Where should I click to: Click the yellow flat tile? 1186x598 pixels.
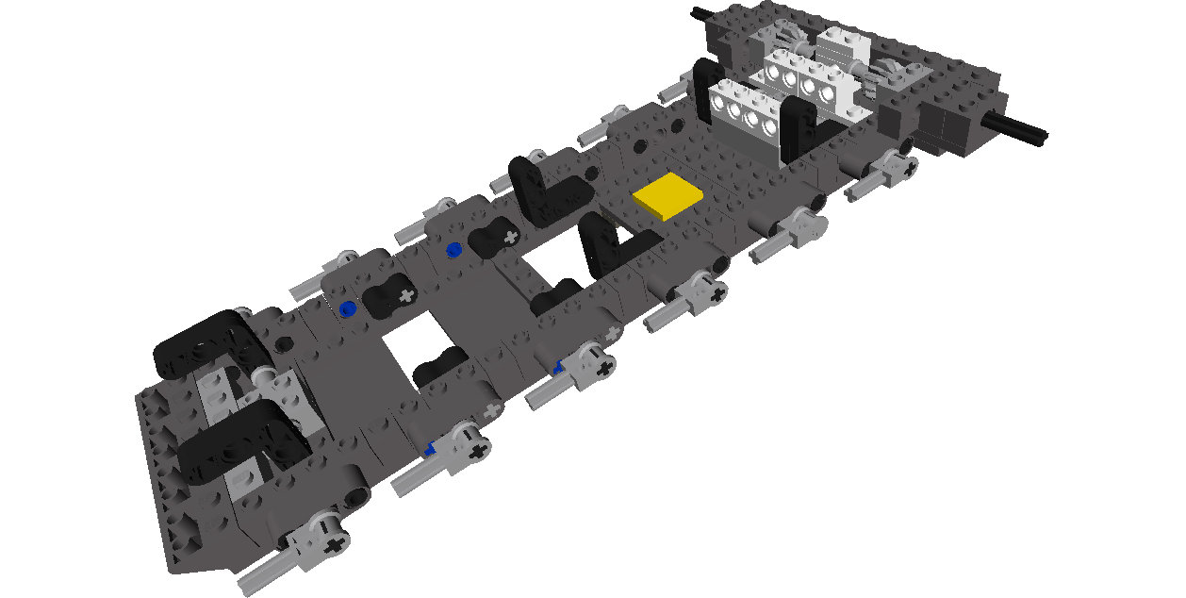point(668,196)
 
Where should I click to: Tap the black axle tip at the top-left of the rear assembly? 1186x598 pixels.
point(700,13)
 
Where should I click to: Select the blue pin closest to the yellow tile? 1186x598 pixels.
point(454,249)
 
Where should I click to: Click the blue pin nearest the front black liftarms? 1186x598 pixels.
point(349,307)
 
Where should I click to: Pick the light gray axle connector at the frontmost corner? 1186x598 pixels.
point(321,540)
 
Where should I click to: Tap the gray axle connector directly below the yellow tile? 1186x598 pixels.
point(703,289)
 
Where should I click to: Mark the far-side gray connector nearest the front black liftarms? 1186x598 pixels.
point(344,259)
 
